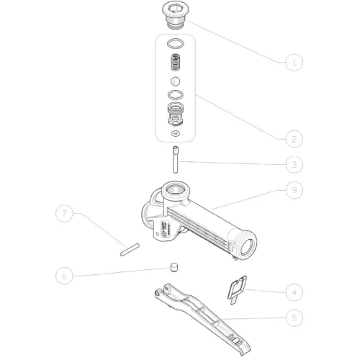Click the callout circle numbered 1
point(294,63)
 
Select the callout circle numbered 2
point(294,139)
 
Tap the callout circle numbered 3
point(294,165)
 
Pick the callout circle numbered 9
point(294,190)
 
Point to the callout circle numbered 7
point(64,213)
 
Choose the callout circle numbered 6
point(64,276)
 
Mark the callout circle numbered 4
point(294,292)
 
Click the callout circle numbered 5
point(294,318)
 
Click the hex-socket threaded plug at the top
point(176,15)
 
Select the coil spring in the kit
point(176,63)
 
